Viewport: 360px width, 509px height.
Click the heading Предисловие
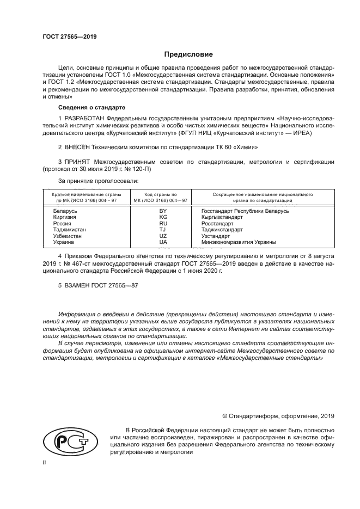pyautogui.click(x=188, y=54)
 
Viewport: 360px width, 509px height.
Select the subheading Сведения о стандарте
pyautogui.click(x=84, y=107)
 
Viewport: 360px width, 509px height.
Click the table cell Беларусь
pyautogui.click(x=65, y=211)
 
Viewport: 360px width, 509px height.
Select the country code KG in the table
pyautogui.click(x=162, y=217)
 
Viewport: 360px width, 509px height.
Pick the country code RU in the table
pyautogui.click(x=162, y=223)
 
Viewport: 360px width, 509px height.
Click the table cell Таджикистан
pyautogui.click(x=69, y=230)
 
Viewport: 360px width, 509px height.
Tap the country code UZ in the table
pyautogui.click(x=162, y=236)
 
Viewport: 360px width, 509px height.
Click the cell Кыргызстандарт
pyautogui.click(x=222, y=217)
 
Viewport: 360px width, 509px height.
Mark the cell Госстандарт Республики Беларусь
pyautogui.click(x=245, y=211)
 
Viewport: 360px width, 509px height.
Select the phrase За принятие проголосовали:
pyautogui.click(x=98, y=180)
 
